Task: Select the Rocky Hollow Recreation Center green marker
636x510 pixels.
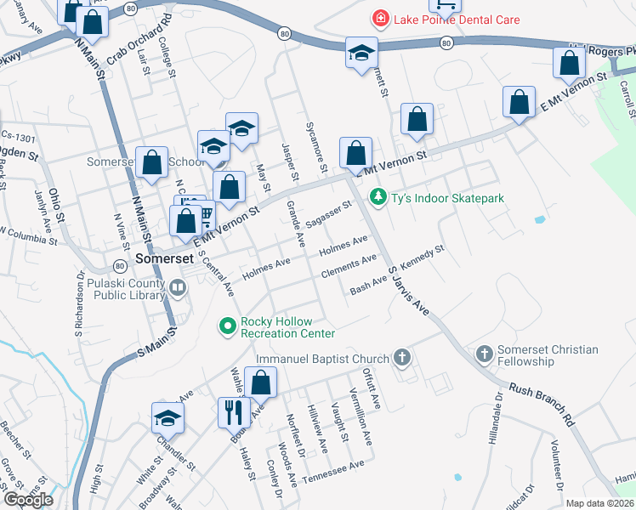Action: [x=227, y=326]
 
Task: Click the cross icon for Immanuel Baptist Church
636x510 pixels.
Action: [x=402, y=359]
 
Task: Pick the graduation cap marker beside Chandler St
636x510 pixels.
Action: [x=168, y=418]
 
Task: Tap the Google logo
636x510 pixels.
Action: [x=28, y=500]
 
